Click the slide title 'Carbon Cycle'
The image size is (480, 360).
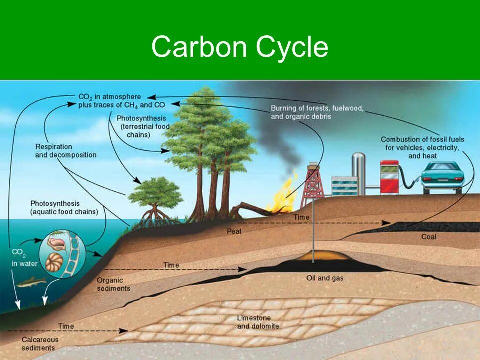[239, 48]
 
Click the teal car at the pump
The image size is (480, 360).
[441, 177]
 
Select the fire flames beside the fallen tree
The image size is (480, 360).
[283, 198]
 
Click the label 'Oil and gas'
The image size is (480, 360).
[324, 278]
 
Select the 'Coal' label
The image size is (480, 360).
[428, 236]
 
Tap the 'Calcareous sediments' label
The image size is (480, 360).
[40, 344]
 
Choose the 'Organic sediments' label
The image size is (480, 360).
[113, 285]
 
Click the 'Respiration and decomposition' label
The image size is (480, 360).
[65, 151]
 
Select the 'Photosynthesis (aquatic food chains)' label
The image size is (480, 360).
[64, 208]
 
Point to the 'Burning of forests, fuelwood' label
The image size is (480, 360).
[317, 112]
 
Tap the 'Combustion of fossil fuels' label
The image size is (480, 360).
[422, 147]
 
